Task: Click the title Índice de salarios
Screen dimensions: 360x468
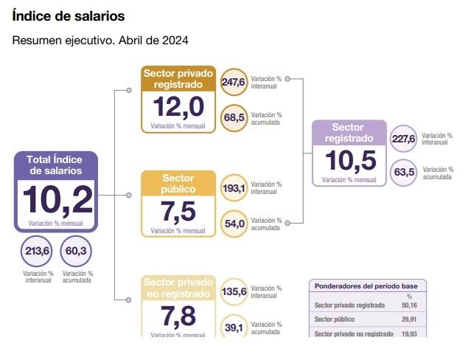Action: tap(69, 15)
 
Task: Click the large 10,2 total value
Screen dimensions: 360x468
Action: tap(56, 199)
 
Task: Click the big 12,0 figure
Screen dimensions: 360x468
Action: tap(178, 107)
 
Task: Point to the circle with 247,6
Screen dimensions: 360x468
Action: tap(233, 82)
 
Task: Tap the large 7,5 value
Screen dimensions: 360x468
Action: tap(178, 211)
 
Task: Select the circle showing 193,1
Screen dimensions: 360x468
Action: tap(234, 187)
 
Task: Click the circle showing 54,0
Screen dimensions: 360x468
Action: tap(234, 223)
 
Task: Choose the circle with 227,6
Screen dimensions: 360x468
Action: tap(403, 139)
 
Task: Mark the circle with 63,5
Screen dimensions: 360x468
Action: tap(404, 173)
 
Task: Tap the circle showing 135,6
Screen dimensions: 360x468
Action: tap(234, 291)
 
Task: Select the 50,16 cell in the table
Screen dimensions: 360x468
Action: tap(410, 305)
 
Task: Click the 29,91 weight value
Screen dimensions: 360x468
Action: tap(410, 319)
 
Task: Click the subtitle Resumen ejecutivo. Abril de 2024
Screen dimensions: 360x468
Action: tap(100, 40)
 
